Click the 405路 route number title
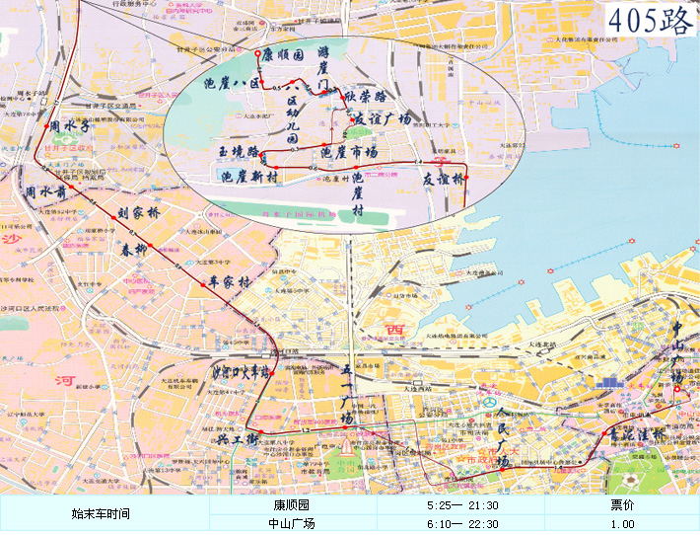pos(649,21)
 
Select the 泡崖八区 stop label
pos(229,84)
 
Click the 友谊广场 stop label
pos(382,118)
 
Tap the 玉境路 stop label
pos(239,152)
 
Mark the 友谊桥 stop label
pos(443,179)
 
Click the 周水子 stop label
pos(69,126)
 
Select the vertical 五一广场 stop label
pos(346,395)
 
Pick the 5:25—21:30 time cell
pos(461,504)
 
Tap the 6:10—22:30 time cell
pos(461,524)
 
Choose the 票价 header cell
pos(622,504)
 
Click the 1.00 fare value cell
pos(622,524)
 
